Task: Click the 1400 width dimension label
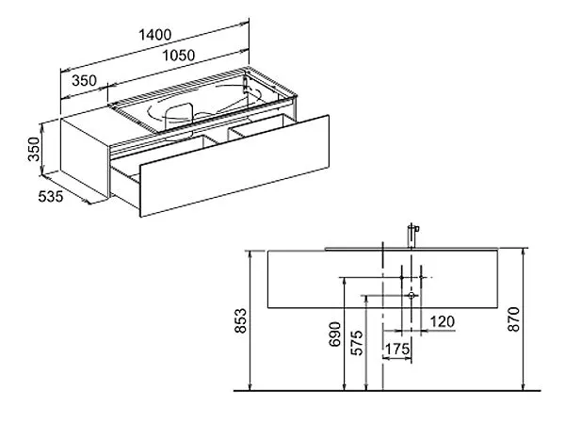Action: [x=155, y=35]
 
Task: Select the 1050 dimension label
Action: [x=178, y=56]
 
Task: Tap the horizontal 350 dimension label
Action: [x=85, y=80]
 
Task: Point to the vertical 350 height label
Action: [x=34, y=149]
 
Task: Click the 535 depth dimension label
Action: [x=51, y=197]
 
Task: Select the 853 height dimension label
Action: [x=240, y=320]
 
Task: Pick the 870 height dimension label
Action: [x=513, y=319]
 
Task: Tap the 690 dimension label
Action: [x=335, y=334]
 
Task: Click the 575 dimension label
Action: [x=357, y=343]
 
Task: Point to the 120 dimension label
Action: [x=443, y=321]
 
